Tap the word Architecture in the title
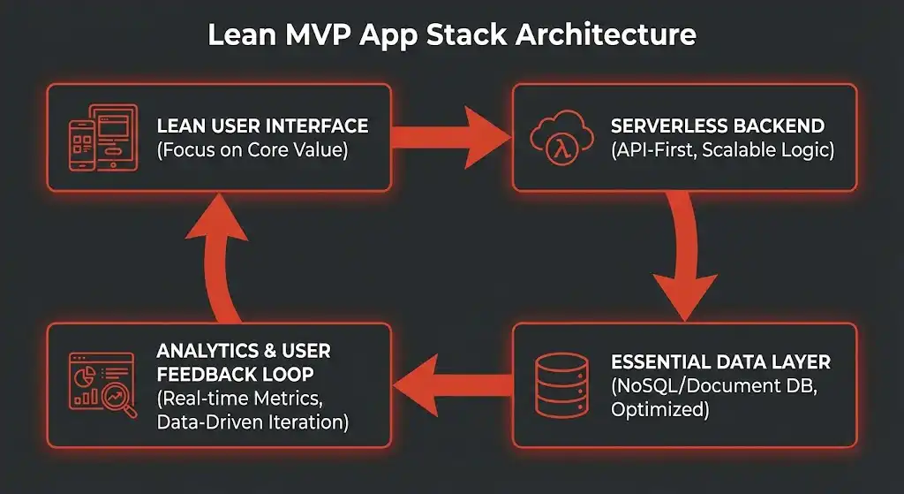coord(604,34)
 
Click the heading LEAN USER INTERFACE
coord(262,126)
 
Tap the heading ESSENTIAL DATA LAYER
coord(720,362)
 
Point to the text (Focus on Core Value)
coord(252,150)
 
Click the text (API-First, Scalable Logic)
coord(721,150)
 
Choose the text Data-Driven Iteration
coord(252,422)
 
